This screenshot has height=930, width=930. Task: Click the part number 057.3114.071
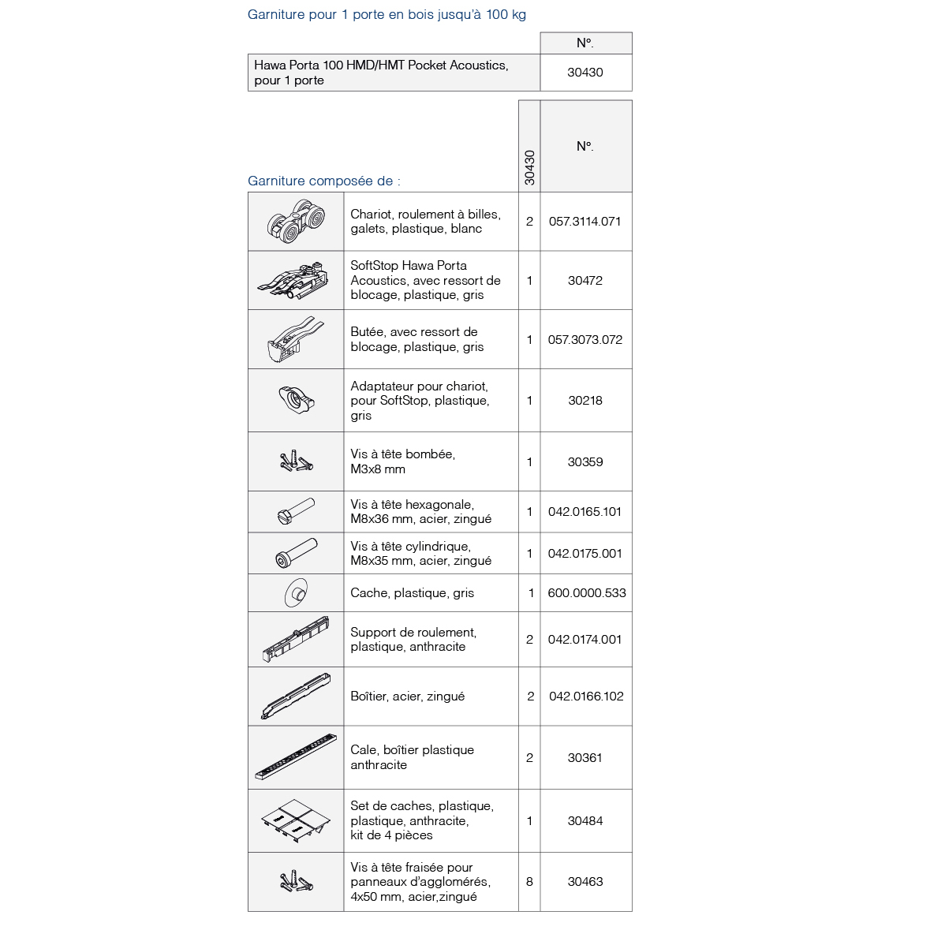[585, 222]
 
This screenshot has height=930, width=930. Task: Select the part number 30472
[585, 281]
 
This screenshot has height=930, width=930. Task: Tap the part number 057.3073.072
[585, 340]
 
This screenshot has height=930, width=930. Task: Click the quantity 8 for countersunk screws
[529, 882]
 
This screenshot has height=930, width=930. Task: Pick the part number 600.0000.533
[586, 593]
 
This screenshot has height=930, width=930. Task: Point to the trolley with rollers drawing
[296, 222]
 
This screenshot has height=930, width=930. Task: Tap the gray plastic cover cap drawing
[295, 593]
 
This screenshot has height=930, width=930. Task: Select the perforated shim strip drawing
[296, 757]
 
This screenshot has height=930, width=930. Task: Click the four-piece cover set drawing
[296, 820]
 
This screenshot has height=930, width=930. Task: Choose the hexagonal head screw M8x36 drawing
[296, 512]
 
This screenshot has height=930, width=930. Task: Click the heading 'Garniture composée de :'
[324, 181]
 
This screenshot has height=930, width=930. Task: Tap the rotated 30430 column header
[529, 168]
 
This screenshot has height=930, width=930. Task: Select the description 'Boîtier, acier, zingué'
[407, 697]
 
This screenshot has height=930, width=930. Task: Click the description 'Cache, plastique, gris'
[412, 593]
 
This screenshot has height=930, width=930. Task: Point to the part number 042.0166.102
[586, 697]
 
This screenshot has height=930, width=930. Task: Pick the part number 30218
[585, 401]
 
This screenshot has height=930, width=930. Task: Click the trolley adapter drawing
[296, 399]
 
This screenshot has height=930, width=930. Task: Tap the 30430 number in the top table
[585, 73]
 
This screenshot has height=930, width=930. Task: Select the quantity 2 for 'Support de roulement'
[529, 640]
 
